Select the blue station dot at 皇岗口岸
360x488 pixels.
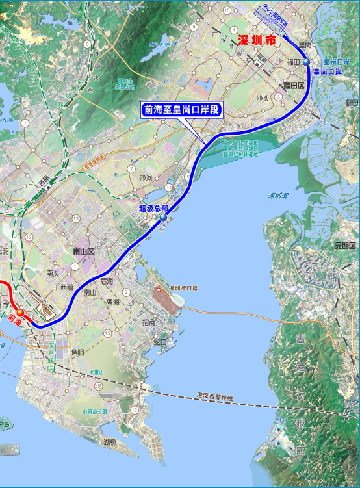(306, 62)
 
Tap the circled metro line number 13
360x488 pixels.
(77, 219)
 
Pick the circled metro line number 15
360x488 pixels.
(107, 333)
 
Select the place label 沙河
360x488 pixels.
(146, 177)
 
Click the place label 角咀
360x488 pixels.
(77, 352)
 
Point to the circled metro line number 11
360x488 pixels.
(168, 187)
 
